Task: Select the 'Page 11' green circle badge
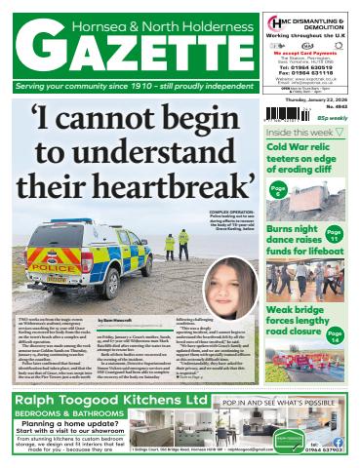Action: click(x=334, y=235)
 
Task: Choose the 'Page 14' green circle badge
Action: click(x=334, y=337)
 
